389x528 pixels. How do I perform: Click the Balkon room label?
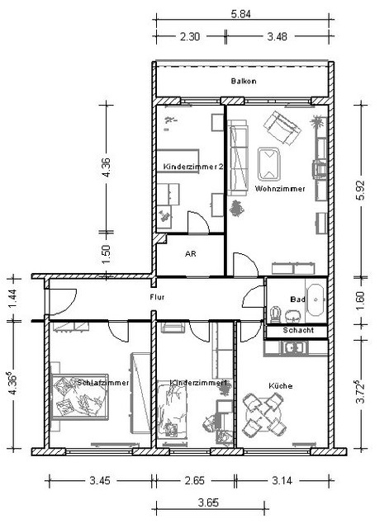tap(244, 81)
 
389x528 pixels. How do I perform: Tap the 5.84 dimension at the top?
tap(240, 15)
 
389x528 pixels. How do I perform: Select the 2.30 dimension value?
tap(190, 36)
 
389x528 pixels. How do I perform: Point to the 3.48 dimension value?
tap(277, 36)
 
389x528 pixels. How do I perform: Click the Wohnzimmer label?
tap(280, 189)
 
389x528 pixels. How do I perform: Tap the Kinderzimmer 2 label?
tap(192, 167)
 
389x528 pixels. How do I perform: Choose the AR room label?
tap(191, 254)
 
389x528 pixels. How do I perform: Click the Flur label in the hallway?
tap(157, 297)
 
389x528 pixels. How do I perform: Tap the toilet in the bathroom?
tap(276, 314)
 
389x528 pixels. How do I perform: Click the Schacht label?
tap(298, 330)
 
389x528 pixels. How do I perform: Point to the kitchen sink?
tap(294, 348)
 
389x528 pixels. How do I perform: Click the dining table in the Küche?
tap(265, 415)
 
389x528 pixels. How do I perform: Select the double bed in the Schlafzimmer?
tap(79, 397)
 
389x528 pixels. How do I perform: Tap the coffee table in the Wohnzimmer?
tap(268, 164)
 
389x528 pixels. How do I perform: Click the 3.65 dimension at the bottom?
tap(208, 503)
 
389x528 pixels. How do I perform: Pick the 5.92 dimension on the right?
tap(360, 191)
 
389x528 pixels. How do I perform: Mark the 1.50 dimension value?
tap(106, 255)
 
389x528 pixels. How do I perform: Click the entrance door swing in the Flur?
tap(64, 302)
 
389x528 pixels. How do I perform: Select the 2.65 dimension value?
tap(195, 480)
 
